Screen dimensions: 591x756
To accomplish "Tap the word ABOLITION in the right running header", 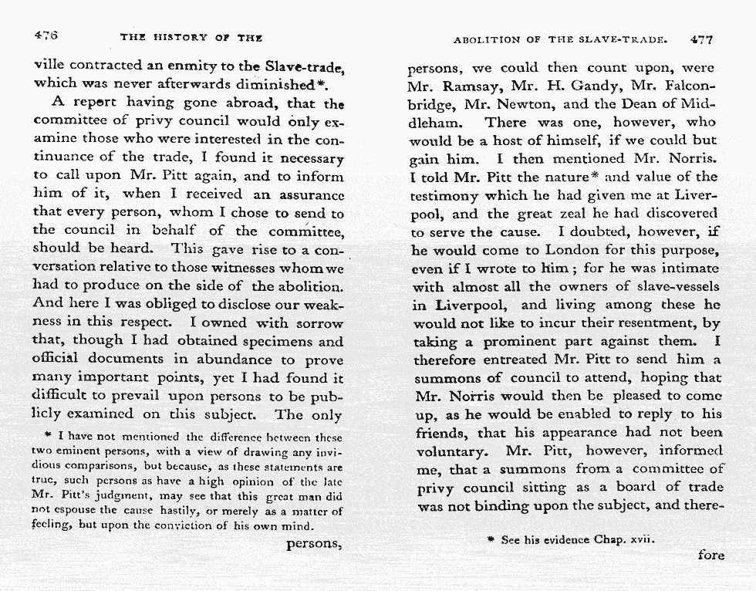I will (486, 38).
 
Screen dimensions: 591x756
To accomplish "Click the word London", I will (573, 251).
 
